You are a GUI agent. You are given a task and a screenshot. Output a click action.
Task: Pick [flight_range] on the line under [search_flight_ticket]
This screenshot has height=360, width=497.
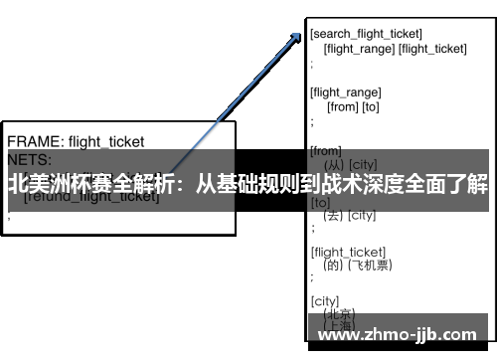[x=359, y=48]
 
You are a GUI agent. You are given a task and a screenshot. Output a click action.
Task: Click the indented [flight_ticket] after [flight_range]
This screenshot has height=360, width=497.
[x=432, y=48]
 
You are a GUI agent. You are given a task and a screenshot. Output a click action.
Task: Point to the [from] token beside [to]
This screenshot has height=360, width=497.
[x=342, y=106]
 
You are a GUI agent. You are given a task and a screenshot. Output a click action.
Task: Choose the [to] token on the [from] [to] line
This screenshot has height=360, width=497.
[x=371, y=106]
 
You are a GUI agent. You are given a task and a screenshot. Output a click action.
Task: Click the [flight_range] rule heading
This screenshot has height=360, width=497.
[x=345, y=92]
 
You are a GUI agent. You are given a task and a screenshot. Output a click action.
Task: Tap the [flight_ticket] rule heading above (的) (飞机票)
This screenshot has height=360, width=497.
[x=348, y=252]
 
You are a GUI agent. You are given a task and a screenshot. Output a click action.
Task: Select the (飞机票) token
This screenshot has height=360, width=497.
[x=376, y=266]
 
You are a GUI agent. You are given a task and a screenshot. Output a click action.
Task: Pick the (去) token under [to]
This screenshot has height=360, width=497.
[x=332, y=215]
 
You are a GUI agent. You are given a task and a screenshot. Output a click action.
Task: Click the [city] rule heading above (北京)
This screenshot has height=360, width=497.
[x=324, y=300]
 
